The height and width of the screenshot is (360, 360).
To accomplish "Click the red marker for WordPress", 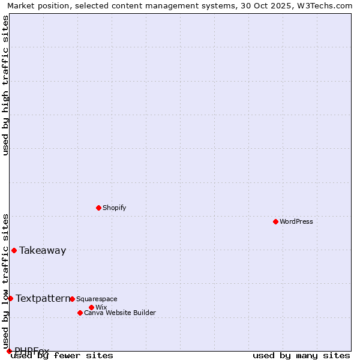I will point(275,221).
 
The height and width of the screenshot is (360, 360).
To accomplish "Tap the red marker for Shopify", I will point(98,208).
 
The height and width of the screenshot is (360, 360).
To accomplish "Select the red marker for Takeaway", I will point(14,250).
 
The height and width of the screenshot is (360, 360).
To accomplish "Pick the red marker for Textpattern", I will point(10,298).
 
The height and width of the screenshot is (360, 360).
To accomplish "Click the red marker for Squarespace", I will point(72,299).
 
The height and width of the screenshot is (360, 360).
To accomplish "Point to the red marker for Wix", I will point(91,307).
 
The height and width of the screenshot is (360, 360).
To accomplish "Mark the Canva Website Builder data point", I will point(80,313).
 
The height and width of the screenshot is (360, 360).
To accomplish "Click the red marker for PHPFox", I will point(9,351).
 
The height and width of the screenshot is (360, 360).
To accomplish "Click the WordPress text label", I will point(296,221).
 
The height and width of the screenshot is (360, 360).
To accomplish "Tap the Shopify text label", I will point(114,208).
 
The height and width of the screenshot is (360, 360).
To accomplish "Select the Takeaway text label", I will point(43,251).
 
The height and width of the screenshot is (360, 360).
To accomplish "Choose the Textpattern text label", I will point(43,298).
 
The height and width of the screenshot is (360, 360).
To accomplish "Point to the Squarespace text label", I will point(97,299).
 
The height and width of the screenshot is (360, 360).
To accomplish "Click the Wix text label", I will point(101,307).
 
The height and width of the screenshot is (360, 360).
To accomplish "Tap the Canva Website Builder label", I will point(120,313).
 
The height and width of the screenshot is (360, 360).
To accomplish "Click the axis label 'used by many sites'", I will point(301,355).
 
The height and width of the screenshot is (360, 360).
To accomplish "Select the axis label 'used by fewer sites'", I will point(62,355).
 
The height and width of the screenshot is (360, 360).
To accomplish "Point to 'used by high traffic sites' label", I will point(5,85).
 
